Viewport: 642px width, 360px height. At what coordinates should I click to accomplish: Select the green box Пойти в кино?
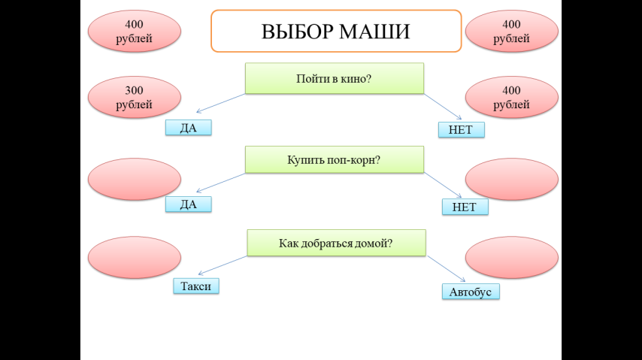click(x=334, y=78)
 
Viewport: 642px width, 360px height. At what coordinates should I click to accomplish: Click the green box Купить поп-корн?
click(x=334, y=159)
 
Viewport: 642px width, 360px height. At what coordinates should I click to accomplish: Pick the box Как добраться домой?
click(x=336, y=243)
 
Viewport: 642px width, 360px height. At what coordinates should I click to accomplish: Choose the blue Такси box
click(x=196, y=286)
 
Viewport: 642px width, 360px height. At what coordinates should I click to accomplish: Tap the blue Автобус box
click(x=471, y=292)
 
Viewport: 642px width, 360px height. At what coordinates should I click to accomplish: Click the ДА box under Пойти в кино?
click(x=189, y=127)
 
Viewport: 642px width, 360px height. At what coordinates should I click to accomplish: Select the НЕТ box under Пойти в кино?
click(x=462, y=130)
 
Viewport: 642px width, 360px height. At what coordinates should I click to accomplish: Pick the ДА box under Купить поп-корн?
click(x=189, y=204)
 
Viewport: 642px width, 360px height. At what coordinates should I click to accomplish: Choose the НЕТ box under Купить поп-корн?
click(x=465, y=207)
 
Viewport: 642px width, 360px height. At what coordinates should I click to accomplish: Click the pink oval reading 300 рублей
click(x=135, y=98)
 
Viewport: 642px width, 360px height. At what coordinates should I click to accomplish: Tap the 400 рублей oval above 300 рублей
click(x=135, y=31)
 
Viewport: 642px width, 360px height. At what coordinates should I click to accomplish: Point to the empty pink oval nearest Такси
click(x=135, y=257)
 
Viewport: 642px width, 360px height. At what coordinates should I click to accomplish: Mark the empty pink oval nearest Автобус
click(x=512, y=257)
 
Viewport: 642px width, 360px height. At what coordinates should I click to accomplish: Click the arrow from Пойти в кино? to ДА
click(x=221, y=103)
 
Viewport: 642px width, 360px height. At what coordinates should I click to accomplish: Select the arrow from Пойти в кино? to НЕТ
click(x=443, y=107)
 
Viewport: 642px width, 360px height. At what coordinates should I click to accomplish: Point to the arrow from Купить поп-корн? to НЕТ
click(x=443, y=185)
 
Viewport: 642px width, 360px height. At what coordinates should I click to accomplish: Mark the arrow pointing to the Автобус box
click(x=447, y=268)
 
